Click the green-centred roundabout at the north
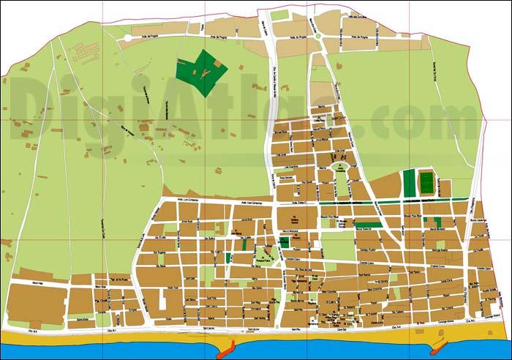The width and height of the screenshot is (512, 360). [320, 34]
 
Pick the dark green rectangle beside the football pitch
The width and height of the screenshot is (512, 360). [409, 182]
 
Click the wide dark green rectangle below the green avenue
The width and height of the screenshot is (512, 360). [369, 225]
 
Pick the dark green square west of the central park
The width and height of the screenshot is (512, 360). [228, 258]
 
